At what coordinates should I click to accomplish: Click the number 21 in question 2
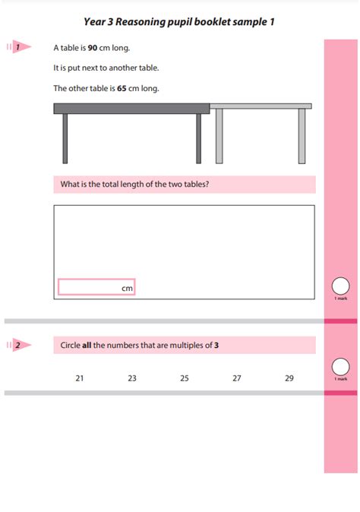(79, 378)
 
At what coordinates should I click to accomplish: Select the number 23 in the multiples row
(132, 378)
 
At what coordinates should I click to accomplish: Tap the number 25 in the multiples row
(185, 378)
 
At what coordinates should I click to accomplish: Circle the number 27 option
(237, 378)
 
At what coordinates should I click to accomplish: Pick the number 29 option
(289, 378)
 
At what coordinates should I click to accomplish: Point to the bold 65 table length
(122, 88)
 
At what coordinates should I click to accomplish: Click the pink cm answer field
(96, 287)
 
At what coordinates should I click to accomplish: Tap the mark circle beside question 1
(341, 286)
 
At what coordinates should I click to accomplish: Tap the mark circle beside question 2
(341, 366)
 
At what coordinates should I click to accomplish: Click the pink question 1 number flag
(18, 47)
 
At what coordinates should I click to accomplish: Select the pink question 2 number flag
(18, 346)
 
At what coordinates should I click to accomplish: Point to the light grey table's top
(261, 106)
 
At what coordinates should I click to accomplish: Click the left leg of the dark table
(65, 137)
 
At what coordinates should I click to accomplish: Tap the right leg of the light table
(302, 136)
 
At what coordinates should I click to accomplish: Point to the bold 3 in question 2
(216, 346)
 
